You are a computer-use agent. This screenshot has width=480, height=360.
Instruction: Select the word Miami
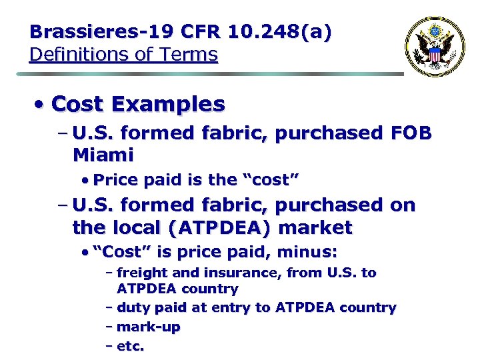[103, 155]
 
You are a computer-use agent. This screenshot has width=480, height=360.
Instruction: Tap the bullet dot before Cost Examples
[41, 104]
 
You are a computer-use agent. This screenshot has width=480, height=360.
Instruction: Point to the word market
[315, 227]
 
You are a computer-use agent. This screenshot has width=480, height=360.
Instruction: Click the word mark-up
[148, 327]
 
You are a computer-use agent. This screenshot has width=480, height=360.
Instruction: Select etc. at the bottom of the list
[130, 346]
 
